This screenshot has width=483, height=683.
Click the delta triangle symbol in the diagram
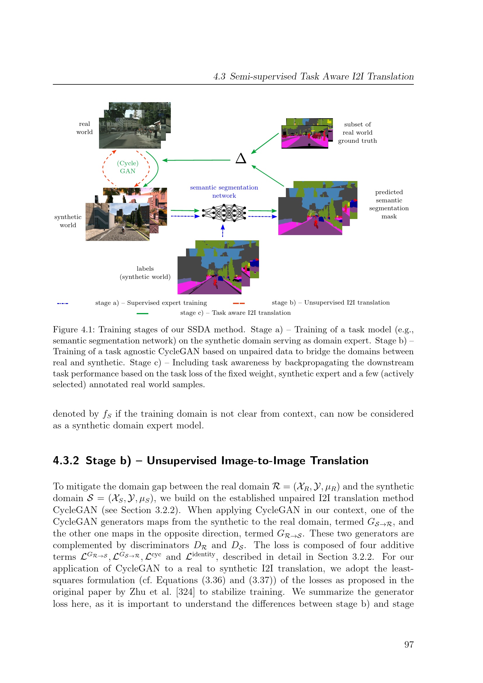coord(241,158)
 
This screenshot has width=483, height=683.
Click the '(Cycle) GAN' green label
coord(128,167)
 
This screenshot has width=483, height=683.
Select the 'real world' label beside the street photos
coord(84,128)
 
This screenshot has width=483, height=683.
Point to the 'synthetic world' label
coord(68,221)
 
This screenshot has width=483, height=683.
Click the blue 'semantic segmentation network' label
coord(224,192)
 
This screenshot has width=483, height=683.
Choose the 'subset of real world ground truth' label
coord(357,133)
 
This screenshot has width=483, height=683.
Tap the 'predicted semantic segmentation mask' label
coord(389,204)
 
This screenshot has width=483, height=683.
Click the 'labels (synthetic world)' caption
coord(145,273)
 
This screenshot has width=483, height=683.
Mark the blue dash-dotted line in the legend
coord(62,303)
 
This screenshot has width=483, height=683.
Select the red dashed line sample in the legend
coord(239,303)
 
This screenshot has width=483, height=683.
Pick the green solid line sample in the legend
coord(142,314)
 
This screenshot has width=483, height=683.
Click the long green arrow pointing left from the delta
coord(196,160)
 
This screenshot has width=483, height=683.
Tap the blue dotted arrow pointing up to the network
coord(223,231)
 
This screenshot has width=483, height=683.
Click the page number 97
coord(409,644)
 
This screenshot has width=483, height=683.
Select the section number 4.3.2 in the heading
coord(66,461)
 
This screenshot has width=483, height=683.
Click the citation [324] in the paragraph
coord(185,592)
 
